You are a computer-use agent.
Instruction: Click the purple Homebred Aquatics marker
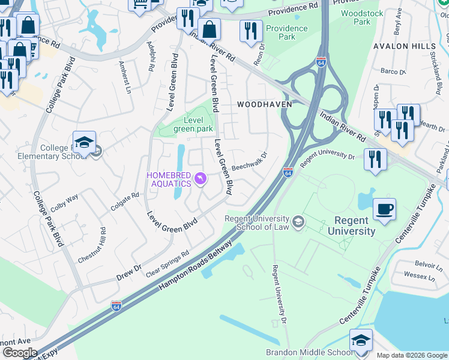[x=200, y=179]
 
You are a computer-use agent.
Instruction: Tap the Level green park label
[x=193, y=124]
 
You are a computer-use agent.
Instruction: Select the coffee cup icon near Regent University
[x=384, y=210]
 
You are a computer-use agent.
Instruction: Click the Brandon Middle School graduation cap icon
[x=360, y=341]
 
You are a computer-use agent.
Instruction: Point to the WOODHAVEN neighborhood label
[x=264, y=104]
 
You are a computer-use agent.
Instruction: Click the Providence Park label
[x=287, y=32]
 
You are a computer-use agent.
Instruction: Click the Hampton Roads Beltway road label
[x=195, y=263]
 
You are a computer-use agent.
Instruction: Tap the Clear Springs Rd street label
[x=167, y=263]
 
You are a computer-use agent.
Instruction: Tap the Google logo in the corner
[x=20, y=353]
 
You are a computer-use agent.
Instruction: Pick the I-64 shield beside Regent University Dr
[x=288, y=173]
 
